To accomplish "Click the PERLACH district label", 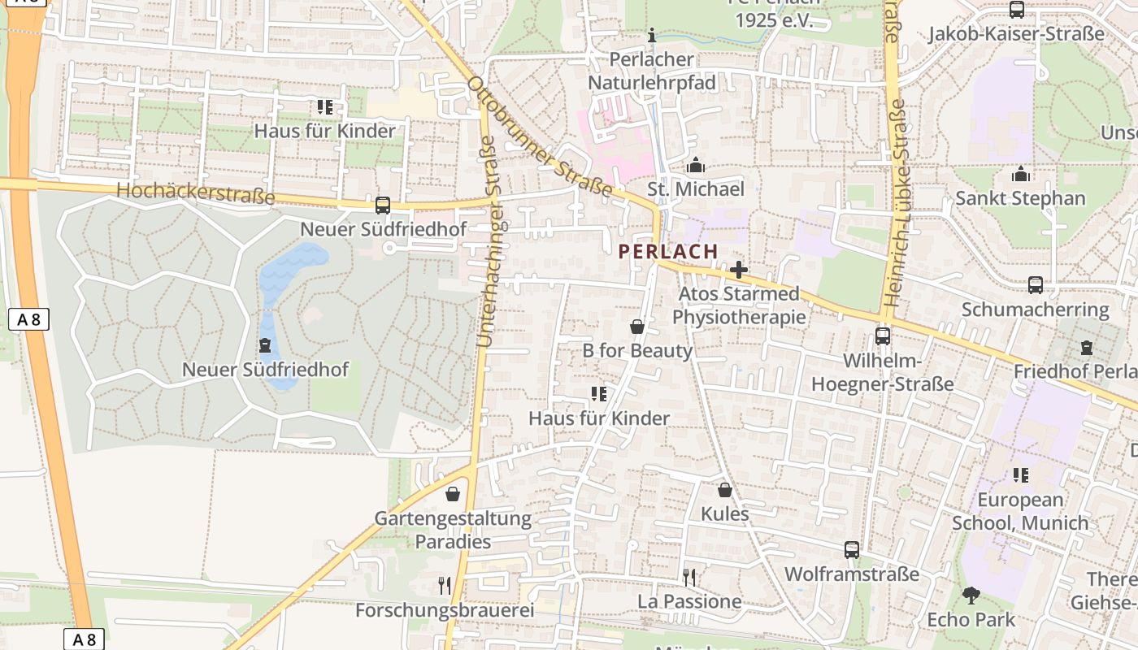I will (668, 252).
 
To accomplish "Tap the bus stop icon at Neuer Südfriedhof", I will (383, 206).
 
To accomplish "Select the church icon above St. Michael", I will (695, 166).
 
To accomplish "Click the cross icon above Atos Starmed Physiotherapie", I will (738, 270).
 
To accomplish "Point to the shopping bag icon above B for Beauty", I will (637, 327).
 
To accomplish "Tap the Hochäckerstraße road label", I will (195, 193).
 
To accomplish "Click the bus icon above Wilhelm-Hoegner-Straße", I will (883, 336).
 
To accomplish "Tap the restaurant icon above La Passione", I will (689, 578).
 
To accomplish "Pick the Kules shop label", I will (724, 514).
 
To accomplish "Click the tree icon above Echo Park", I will (971, 596).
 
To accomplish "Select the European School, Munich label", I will (1020, 511).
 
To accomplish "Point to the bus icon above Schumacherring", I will (1036, 285).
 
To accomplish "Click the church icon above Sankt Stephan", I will (1020, 174).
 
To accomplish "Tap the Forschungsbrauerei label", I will (445, 610).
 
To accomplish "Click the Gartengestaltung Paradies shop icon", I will (453, 494).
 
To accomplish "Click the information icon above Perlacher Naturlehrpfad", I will (651, 35).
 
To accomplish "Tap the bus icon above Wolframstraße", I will (851, 550).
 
